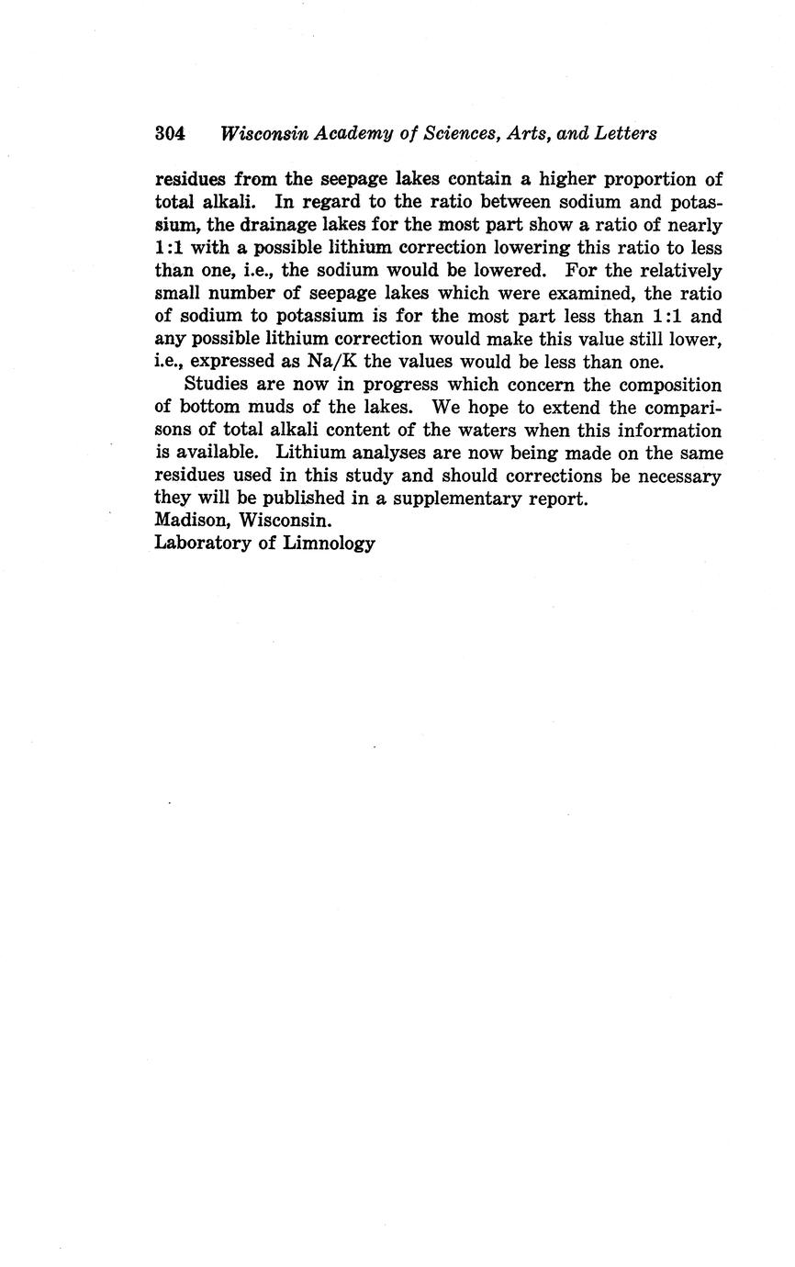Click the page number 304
(x=171, y=133)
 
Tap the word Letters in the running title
(x=627, y=133)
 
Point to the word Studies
(x=220, y=385)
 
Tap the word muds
(x=271, y=408)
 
